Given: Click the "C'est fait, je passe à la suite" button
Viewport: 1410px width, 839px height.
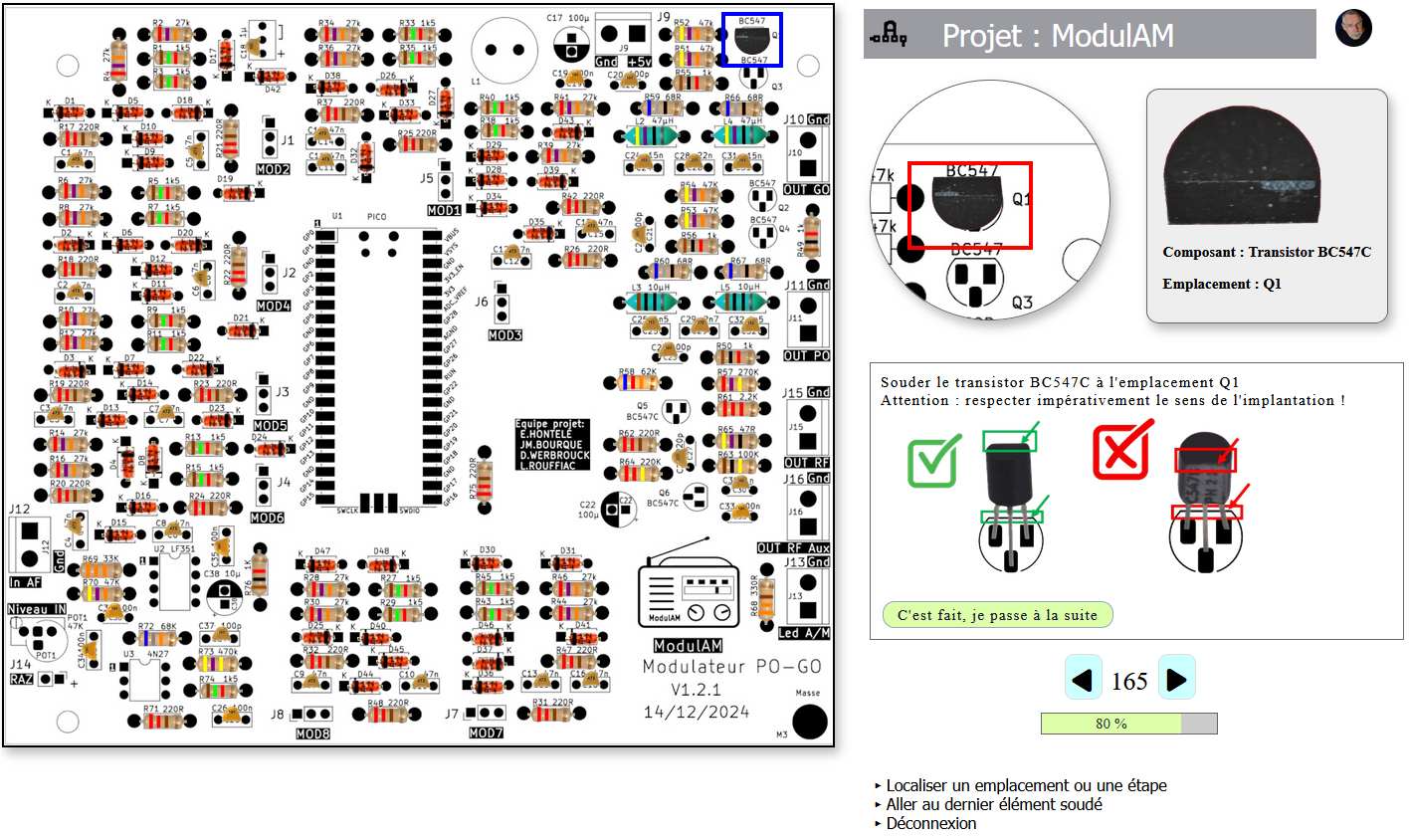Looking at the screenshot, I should point(997,615).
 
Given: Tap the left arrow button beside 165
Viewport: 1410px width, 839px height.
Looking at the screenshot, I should point(1083,680).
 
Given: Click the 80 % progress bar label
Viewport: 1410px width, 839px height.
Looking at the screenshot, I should point(1110,724).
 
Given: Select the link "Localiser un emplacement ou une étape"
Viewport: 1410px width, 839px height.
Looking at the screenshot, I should point(1026,785).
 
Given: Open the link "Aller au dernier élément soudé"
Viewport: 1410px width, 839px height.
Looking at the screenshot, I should point(994,804).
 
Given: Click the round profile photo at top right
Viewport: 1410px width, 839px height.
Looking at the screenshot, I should point(1353,29).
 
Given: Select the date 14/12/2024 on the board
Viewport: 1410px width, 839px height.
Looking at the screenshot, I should point(696,712).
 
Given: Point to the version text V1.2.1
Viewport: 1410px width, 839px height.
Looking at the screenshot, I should point(696,689).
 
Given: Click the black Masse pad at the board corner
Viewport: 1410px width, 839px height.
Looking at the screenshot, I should point(810,722).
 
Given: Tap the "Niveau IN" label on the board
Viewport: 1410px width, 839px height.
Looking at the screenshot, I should point(37,609).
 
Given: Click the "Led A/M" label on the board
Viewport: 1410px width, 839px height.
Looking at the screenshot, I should point(804,633).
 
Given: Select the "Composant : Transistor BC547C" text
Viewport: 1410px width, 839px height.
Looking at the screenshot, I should point(1266,252).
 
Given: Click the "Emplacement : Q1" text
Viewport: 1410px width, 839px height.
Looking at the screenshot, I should point(1221,284).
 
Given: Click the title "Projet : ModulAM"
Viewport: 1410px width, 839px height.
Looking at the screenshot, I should point(1057,36).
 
